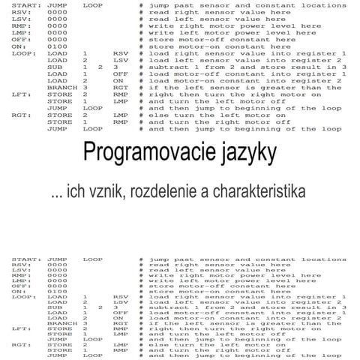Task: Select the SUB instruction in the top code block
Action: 53,66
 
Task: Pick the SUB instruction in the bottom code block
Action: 53,307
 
